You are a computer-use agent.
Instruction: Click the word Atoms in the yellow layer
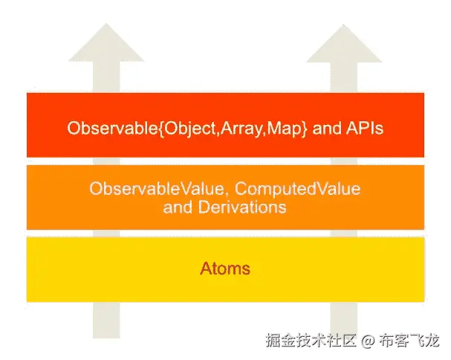(x=224, y=269)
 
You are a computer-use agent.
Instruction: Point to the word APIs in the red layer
(x=363, y=128)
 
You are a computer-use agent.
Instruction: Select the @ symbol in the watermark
(x=369, y=341)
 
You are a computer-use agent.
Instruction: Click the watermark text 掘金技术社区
(x=313, y=341)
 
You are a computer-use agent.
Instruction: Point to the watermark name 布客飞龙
(x=409, y=341)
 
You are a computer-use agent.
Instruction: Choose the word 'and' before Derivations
(x=176, y=207)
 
